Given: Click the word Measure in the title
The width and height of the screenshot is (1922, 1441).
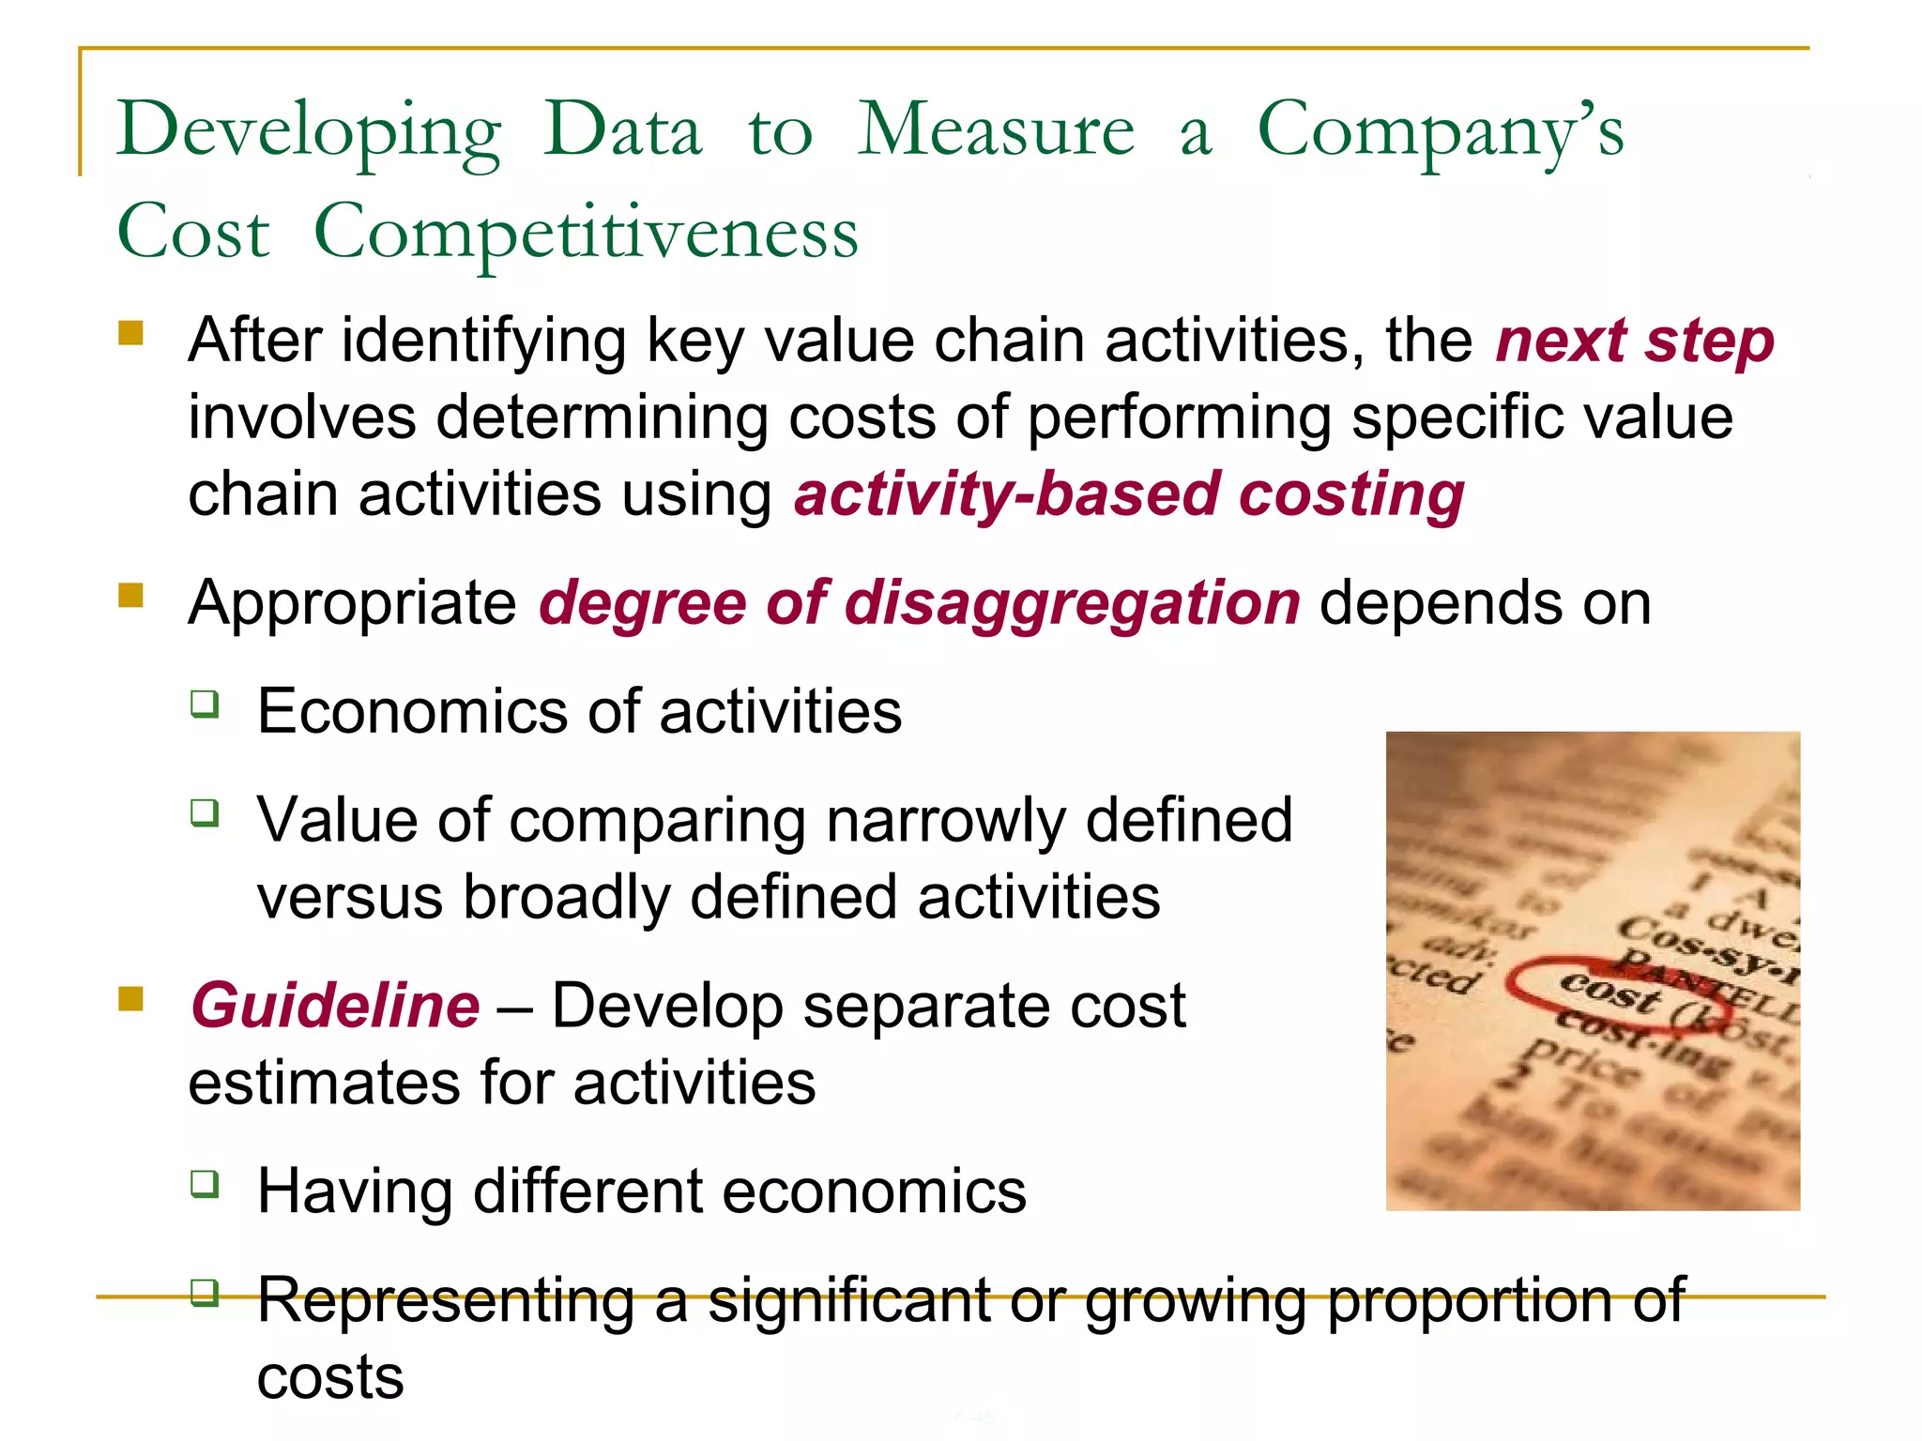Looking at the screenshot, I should [x=997, y=130].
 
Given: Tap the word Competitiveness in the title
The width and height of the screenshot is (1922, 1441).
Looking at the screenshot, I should [x=587, y=233].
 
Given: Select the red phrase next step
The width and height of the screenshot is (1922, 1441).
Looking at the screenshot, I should [x=1635, y=340].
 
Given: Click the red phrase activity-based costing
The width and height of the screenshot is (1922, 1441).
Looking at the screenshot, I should [x=1129, y=494].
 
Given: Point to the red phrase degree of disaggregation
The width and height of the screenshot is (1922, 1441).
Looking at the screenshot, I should [x=919, y=602].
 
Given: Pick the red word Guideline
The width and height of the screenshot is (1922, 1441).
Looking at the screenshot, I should [x=335, y=1006].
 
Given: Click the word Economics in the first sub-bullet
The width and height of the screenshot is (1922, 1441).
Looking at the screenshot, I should [x=412, y=711].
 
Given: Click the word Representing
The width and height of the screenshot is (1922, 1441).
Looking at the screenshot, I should [x=446, y=1300].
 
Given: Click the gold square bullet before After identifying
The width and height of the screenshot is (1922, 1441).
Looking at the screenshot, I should [x=130, y=333].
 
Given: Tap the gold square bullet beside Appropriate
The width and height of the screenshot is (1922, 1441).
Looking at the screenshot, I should [x=130, y=596].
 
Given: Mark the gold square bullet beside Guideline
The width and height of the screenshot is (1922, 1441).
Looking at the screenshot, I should [x=130, y=999].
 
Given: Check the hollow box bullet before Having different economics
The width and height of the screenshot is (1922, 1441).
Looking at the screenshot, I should [x=205, y=1183].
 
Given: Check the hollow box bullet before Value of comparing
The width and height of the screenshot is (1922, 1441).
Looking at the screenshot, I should [x=205, y=812].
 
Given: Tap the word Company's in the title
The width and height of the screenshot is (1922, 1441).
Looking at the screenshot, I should [x=1441, y=130].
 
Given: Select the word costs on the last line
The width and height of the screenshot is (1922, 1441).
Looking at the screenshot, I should [x=330, y=1377].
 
